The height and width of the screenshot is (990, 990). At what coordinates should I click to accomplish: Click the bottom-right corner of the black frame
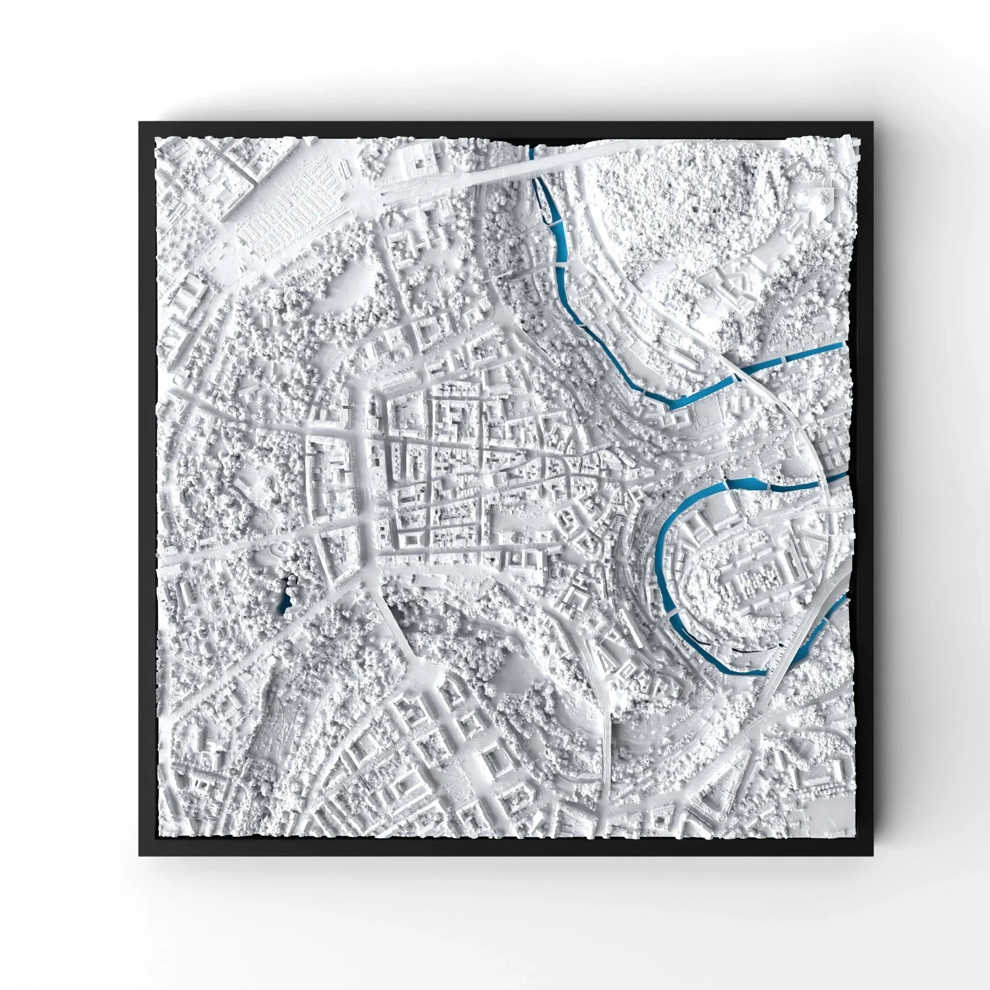point(872,854)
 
